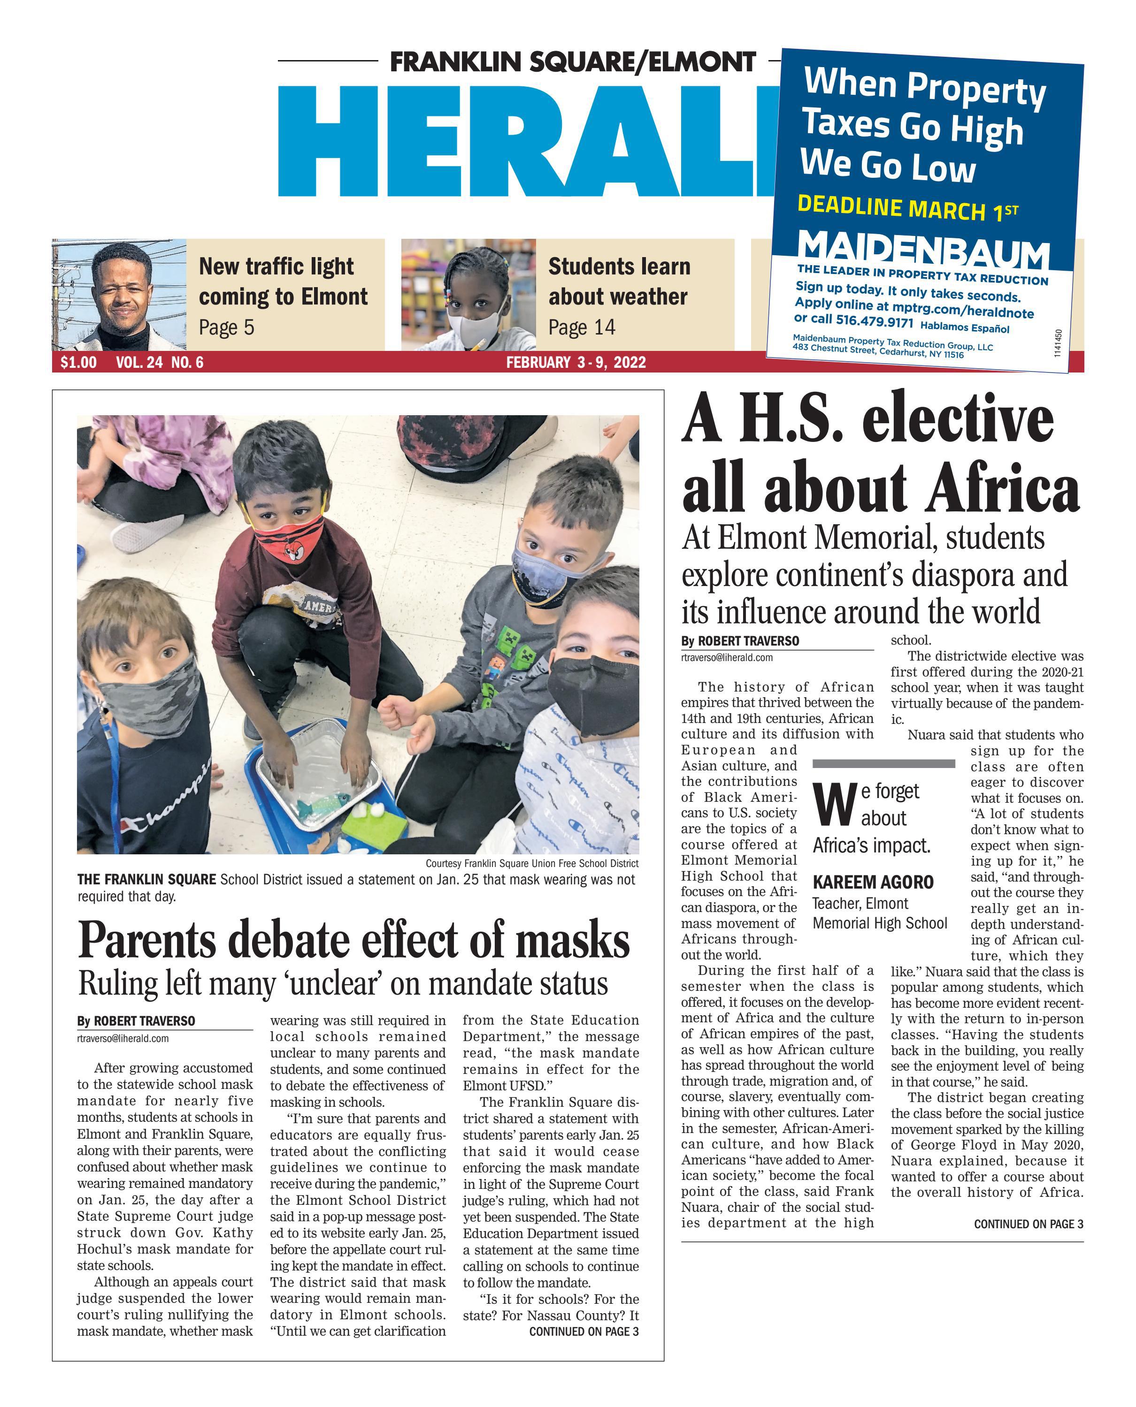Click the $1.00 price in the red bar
click(78, 362)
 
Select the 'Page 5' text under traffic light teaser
click(226, 327)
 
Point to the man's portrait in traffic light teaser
click(120, 294)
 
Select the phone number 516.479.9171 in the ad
click(874, 321)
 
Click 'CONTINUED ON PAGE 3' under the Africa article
click(1028, 1224)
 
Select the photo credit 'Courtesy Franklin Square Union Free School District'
click(531, 863)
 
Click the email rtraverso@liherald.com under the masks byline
click(123, 1038)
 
